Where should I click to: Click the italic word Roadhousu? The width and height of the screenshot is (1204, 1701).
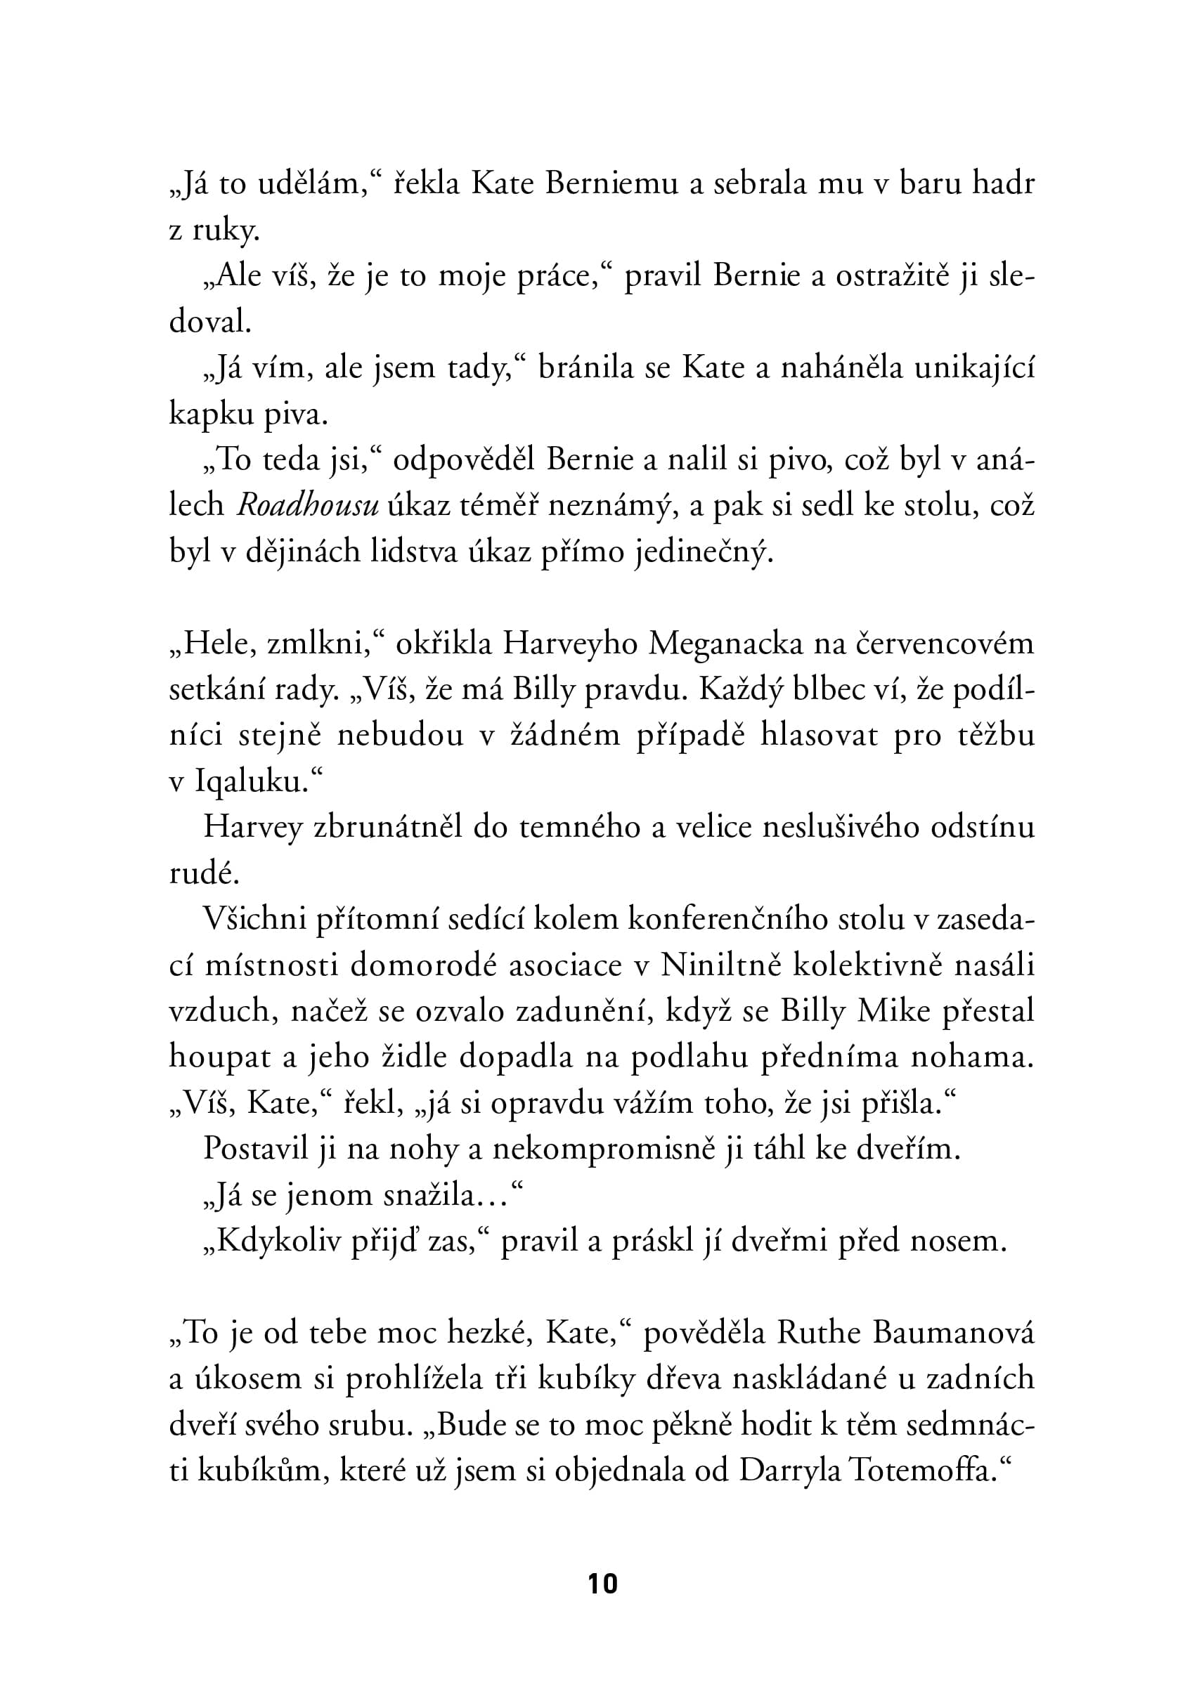(x=309, y=505)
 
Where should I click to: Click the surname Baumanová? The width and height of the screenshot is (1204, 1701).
(x=952, y=1334)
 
